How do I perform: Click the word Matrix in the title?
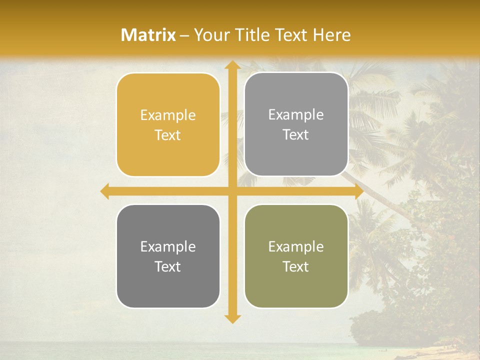click(x=148, y=35)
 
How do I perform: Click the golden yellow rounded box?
click(x=168, y=125)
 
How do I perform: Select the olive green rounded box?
click(x=296, y=256)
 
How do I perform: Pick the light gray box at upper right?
click(x=296, y=124)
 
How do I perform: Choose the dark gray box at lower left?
click(x=168, y=256)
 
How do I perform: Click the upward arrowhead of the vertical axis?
click(x=232, y=65)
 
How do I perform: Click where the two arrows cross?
click(x=232, y=191)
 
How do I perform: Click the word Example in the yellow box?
click(x=168, y=115)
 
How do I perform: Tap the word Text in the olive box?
click(x=296, y=266)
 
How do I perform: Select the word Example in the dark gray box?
click(x=168, y=246)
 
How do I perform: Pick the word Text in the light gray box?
click(x=296, y=135)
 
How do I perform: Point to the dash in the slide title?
click(x=184, y=35)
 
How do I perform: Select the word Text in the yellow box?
click(x=168, y=135)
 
